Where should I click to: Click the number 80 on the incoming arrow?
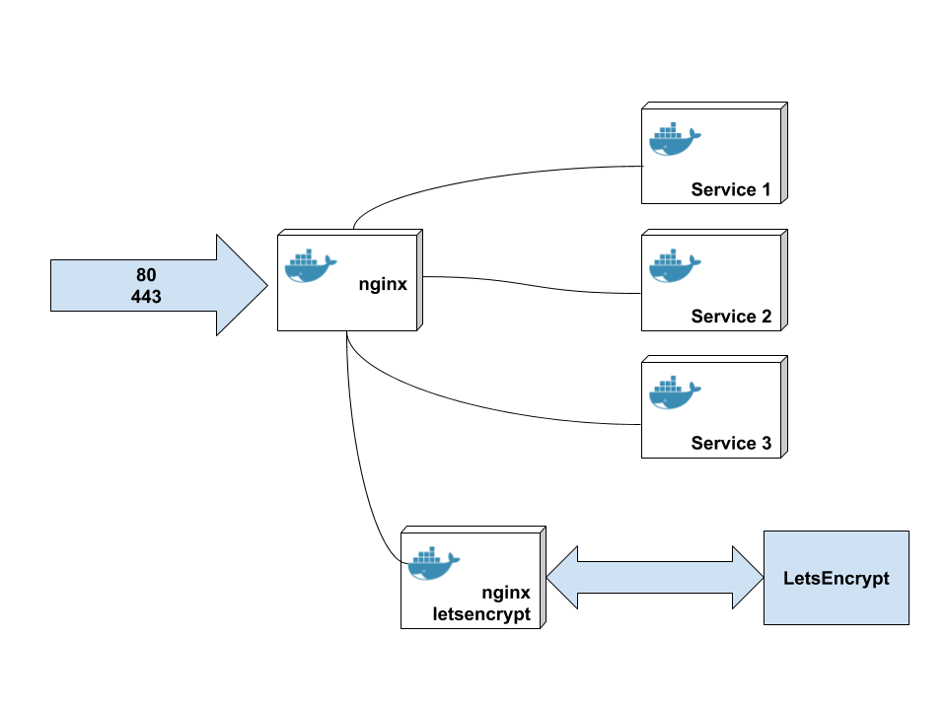click(x=146, y=274)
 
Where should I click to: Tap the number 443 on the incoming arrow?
click(x=146, y=295)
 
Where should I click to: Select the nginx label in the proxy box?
click(x=383, y=285)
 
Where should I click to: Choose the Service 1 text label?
click(x=731, y=189)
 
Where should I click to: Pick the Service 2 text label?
click(x=731, y=317)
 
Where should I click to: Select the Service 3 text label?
click(x=731, y=443)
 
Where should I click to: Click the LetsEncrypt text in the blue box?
click(x=836, y=578)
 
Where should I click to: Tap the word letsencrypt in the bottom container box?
click(x=481, y=613)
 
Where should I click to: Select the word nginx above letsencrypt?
click(x=506, y=593)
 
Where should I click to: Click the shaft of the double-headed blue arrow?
click(x=655, y=578)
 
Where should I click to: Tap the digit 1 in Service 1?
click(x=765, y=189)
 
